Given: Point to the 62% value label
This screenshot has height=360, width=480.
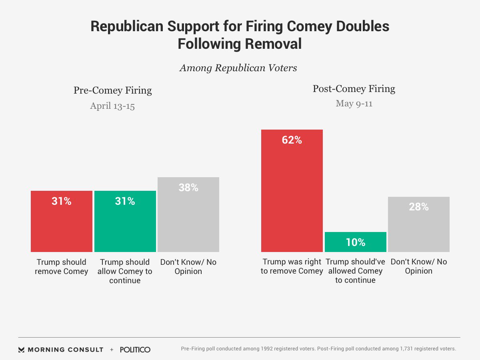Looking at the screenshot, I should point(292,140).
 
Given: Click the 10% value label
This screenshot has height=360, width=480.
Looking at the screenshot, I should point(356,242).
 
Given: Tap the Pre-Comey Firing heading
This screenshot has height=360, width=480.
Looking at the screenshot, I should point(113,90).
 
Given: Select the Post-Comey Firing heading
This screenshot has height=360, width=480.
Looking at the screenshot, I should point(354,89).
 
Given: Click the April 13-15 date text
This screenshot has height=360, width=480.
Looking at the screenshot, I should point(112,106).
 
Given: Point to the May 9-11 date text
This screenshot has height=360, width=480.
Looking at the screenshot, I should point(354,104).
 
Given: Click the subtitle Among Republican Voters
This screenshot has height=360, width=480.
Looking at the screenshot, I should point(238,68).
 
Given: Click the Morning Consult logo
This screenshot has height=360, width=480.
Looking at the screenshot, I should point(61,350).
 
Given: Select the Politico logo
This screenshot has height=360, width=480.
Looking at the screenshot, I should point(135,350).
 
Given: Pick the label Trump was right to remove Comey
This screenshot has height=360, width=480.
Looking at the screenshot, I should point(292,267).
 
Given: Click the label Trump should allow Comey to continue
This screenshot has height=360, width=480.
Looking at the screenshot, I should point(125,271).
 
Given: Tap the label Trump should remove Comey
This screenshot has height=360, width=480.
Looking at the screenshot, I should point(62,267).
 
